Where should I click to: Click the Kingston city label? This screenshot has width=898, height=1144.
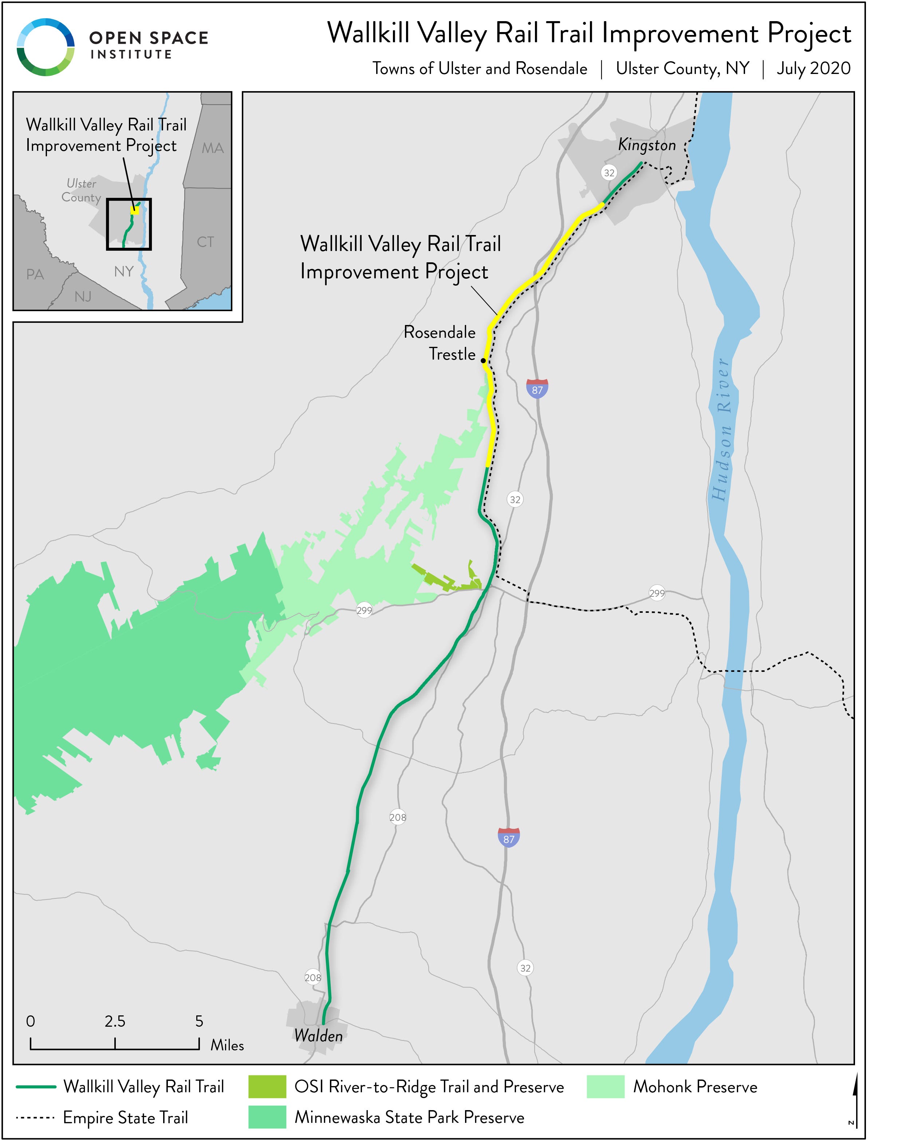click(x=647, y=145)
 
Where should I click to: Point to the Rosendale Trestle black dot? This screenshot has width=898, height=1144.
click(x=483, y=361)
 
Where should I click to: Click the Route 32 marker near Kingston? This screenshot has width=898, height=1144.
click(x=609, y=173)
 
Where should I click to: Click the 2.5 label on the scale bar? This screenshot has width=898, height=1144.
click(x=115, y=1022)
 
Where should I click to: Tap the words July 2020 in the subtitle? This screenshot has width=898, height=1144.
click(x=814, y=68)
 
